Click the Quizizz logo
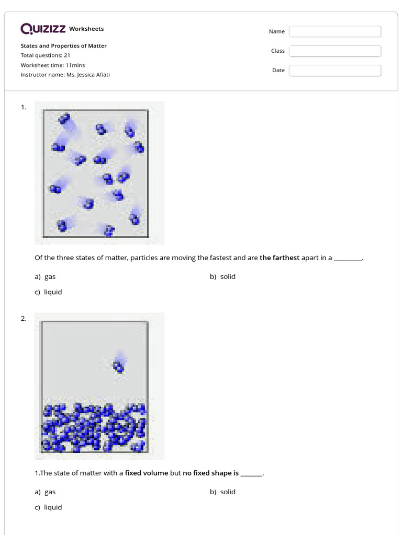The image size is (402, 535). click(x=43, y=29)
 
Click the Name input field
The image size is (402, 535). click(x=335, y=32)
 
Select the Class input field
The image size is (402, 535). click(x=335, y=51)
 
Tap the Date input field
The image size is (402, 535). click(x=335, y=71)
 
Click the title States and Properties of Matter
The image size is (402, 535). click(x=63, y=46)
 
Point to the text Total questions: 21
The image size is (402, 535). click(x=46, y=55)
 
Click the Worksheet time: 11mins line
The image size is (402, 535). click(x=52, y=65)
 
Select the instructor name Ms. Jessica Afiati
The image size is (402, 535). click(x=88, y=75)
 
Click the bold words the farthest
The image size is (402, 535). click(x=280, y=258)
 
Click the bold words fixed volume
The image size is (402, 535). click(x=147, y=473)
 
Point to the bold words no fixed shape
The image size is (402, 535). click(x=210, y=473)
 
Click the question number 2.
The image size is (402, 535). click(x=23, y=319)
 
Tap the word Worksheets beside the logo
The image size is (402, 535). click(x=86, y=29)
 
